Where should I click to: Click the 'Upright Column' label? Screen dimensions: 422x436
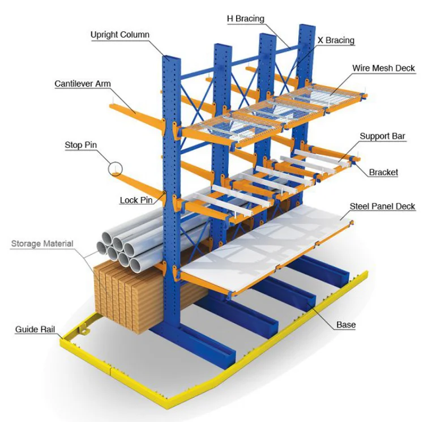(x=120, y=35)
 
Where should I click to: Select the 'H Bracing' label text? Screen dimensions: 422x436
(x=245, y=19)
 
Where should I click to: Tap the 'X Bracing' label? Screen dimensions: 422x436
(x=336, y=40)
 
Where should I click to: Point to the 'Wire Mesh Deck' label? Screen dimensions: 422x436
(x=383, y=68)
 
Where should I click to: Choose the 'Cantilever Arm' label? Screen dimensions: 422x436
(x=83, y=84)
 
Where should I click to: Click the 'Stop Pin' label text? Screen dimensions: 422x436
(x=80, y=145)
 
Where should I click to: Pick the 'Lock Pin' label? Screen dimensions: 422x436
(x=136, y=200)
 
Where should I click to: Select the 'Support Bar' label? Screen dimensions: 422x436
(x=383, y=137)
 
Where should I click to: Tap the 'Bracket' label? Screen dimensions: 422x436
(x=383, y=172)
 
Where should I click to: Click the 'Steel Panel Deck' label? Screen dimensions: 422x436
(x=382, y=206)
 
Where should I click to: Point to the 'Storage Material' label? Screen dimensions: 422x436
(x=42, y=244)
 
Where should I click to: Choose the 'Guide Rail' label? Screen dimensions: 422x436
(x=35, y=329)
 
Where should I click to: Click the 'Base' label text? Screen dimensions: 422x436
(x=346, y=325)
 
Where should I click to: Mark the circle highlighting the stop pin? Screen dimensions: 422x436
(x=115, y=169)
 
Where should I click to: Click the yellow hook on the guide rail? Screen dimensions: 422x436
(x=84, y=327)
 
